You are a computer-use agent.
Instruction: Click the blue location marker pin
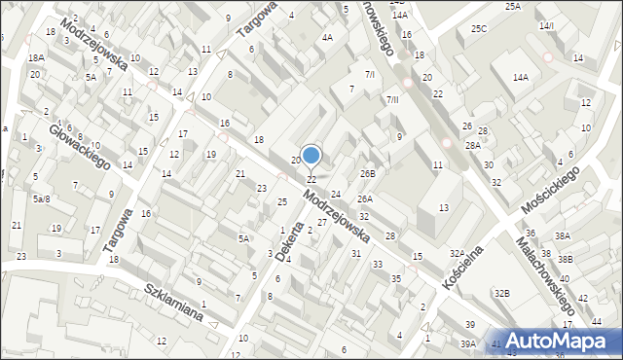click(311, 156)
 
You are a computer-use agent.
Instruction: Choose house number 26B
click(367, 173)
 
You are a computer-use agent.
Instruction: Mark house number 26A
click(364, 198)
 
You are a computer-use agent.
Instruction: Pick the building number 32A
click(457, 253)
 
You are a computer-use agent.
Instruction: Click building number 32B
click(501, 293)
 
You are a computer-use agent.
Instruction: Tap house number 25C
click(478, 28)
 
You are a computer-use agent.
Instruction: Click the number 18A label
click(36, 58)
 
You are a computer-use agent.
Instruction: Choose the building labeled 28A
click(473, 145)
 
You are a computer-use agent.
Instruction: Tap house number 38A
click(563, 236)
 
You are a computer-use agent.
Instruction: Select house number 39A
click(468, 343)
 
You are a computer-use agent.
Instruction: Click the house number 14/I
click(546, 25)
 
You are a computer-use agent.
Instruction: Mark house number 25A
click(512, 6)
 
